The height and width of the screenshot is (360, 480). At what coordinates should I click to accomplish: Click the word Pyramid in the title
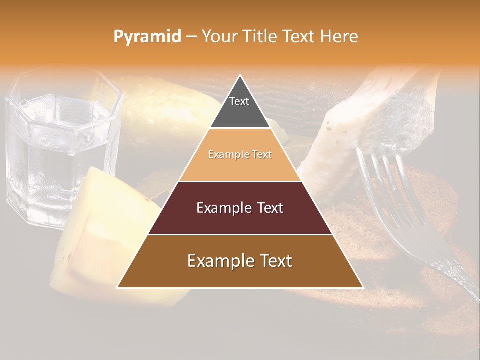pos(147,37)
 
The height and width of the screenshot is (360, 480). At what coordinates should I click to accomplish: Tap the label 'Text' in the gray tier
pos(239,101)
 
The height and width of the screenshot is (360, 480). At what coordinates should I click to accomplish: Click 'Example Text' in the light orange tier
pos(240,154)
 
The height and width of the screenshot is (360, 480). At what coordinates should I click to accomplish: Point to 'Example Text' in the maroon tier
pos(240,208)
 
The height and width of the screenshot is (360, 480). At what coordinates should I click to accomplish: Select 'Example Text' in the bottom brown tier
pos(240,261)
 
